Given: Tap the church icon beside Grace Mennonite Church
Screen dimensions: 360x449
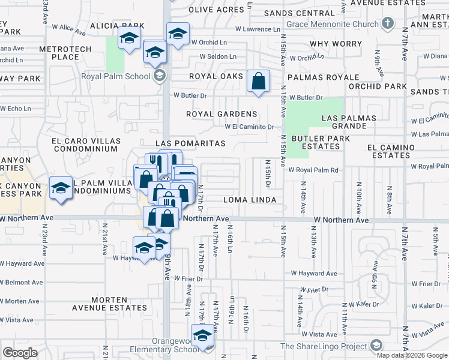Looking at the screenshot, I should (x=388, y=23).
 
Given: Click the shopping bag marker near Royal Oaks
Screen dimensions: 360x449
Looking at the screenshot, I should (x=258, y=82).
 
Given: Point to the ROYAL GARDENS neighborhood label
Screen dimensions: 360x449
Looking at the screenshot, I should (x=221, y=114).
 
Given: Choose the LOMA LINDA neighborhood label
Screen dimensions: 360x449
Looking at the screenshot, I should (x=250, y=200).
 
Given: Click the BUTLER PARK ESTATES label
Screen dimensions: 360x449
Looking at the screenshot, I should (x=316, y=142).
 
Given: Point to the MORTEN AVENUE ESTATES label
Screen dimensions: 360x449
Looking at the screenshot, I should (x=109, y=304).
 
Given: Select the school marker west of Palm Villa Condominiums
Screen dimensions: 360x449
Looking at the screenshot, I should (x=61, y=188).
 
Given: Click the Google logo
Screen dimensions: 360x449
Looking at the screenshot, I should (x=20, y=352).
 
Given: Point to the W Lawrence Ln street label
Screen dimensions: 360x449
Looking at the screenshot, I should (x=258, y=29).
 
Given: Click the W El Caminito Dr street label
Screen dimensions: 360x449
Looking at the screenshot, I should (x=249, y=127).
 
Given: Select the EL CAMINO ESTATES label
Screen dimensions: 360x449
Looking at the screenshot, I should (x=391, y=151).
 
